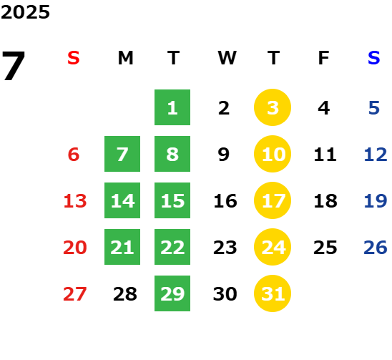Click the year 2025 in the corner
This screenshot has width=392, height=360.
click(25, 12)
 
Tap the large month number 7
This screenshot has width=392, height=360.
click(14, 66)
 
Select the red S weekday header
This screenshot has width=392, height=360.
click(74, 58)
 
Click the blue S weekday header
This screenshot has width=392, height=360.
click(373, 58)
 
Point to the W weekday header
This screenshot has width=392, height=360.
click(227, 58)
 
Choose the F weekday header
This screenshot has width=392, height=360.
click(323, 58)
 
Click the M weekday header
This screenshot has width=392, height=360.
click(125, 58)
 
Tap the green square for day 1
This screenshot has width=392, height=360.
click(172, 107)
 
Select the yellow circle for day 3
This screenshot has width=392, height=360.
click(273, 107)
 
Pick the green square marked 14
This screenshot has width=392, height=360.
click(122, 200)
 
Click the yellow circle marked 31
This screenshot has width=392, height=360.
click(273, 293)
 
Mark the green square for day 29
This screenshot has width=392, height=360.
click(172, 293)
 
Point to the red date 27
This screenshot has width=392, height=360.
click(75, 294)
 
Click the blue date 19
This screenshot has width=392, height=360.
click(376, 201)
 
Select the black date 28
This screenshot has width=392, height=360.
click(125, 294)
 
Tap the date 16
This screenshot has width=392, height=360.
click(225, 201)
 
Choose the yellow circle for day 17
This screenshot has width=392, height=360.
click(273, 200)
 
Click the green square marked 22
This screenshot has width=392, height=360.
click(172, 247)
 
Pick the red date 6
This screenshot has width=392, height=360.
click(74, 155)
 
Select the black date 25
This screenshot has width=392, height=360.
click(325, 248)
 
